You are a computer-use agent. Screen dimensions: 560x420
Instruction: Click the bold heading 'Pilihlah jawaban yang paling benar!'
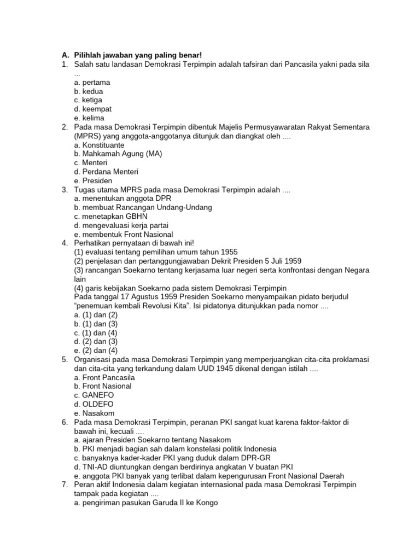pyautogui.click(x=138, y=55)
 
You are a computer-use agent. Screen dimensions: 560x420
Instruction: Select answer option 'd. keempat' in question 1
pyautogui.click(x=93, y=109)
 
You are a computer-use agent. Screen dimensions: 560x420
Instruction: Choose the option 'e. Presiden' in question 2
pyautogui.click(x=93, y=180)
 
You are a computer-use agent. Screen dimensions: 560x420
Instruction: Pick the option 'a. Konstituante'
pyautogui.click(x=99, y=145)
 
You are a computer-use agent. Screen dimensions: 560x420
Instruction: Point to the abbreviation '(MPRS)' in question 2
pyautogui.click(x=88, y=136)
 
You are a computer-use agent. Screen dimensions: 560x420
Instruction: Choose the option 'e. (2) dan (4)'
pyautogui.click(x=96, y=351)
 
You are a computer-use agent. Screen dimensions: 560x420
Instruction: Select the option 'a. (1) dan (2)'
pyautogui.click(x=96, y=314)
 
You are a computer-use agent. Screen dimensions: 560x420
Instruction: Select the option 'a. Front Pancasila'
pyautogui.click(x=104, y=377)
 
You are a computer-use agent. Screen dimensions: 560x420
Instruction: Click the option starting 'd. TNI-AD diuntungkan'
pyautogui.click(x=183, y=466)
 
